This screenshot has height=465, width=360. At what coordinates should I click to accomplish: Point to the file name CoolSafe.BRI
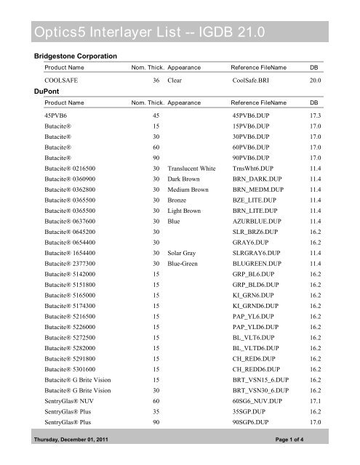point(254,81)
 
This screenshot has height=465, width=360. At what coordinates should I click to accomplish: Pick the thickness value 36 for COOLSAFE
point(156,81)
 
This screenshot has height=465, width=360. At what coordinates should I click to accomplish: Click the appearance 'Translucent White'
point(191,167)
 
